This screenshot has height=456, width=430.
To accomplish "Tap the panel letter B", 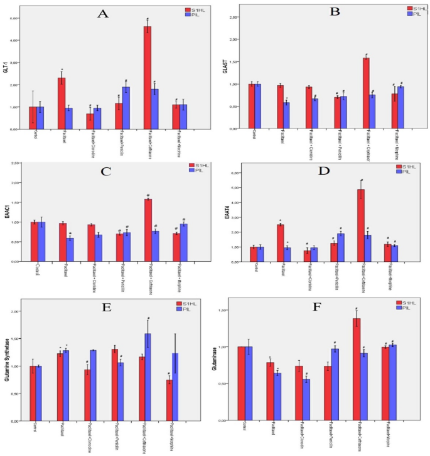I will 318,11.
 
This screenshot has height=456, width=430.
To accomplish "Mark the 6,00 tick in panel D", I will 237,173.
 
